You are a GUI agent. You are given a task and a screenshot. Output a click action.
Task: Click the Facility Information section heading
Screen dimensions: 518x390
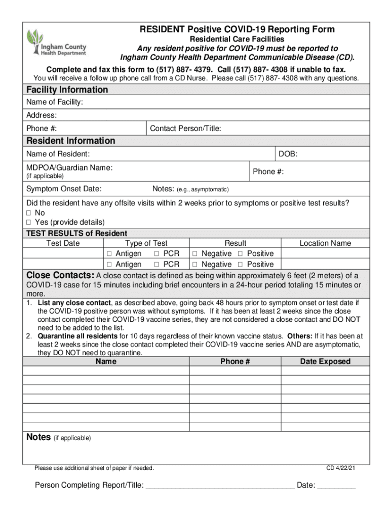(x=67, y=90)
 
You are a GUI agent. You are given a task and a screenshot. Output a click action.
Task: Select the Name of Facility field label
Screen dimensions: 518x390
(x=55, y=103)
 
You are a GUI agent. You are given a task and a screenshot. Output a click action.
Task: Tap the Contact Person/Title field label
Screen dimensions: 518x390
(x=185, y=128)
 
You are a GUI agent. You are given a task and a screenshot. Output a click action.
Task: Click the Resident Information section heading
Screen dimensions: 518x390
(x=70, y=141)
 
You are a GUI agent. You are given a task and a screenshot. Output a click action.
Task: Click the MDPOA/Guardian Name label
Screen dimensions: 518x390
(x=69, y=167)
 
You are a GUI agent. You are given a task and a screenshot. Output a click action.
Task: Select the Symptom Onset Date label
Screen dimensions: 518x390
(x=64, y=189)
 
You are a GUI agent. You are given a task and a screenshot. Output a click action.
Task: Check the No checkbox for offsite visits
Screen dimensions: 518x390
(x=29, y=213)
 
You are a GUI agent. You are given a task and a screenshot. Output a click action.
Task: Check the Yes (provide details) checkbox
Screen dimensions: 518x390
(x=29, y=222)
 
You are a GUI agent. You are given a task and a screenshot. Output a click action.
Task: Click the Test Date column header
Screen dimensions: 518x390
(x=63, y=243)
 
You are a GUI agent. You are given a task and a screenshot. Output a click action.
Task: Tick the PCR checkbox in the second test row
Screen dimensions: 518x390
(x=157, y=265)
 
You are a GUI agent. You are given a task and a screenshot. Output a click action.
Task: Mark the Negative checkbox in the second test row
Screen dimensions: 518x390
(x=194, y=265)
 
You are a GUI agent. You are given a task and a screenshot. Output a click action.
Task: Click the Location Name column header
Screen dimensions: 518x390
(x=325, y=243)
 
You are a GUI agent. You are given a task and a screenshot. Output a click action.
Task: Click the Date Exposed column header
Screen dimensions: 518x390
(x=325, y=361)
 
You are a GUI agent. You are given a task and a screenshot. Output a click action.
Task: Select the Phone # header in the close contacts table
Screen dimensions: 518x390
(x=235, y=361)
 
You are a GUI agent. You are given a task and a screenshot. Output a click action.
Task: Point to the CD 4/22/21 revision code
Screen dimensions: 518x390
(x=340, y=468)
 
